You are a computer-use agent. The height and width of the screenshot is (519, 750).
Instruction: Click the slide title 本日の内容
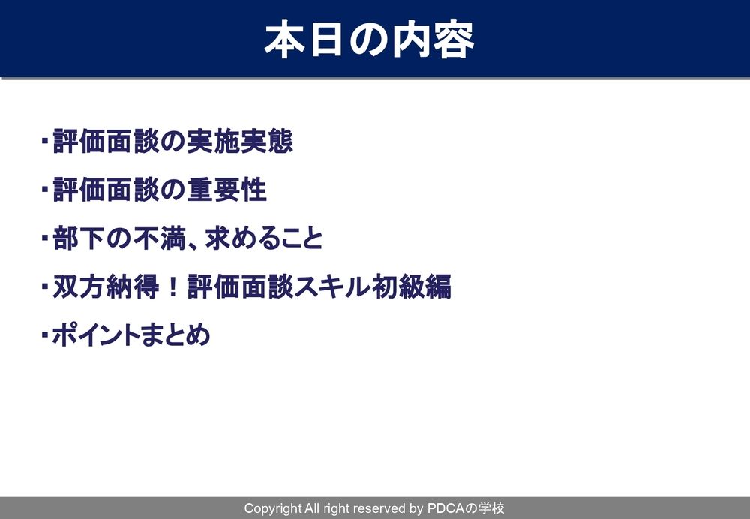pyautogui.click(x=369, y=39)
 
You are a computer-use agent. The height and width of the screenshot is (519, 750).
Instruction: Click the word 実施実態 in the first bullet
pyautogui.click(x=240, y=142)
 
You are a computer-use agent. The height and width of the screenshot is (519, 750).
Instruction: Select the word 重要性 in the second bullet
pyautogui.click(x=226, y=190)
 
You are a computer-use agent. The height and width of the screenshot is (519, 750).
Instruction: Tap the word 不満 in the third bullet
pyautogui.click(x=160, y=238)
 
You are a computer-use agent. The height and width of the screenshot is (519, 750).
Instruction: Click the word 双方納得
pyautogui.click(x=106, y=286)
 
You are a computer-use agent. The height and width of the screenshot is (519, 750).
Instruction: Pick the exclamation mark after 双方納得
pyautogui.click(x=173, y=286)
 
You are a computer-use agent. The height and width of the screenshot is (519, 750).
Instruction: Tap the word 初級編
pyautogui.click(x=411, y=286)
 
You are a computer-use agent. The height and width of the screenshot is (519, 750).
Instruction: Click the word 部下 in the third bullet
pyautogui.click(x=79, y=238)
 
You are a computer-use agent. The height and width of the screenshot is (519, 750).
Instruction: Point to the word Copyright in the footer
pyautogui.click(x=273, y=508)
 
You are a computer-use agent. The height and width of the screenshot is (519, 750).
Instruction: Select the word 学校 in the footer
pyautogui.click(x=491, y=508)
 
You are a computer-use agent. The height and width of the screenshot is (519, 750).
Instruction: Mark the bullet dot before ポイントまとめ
pyautogui.click(x=45, y=334)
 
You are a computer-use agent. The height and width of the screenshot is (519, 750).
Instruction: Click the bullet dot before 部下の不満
pyautogui.click(x=45, y=238)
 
